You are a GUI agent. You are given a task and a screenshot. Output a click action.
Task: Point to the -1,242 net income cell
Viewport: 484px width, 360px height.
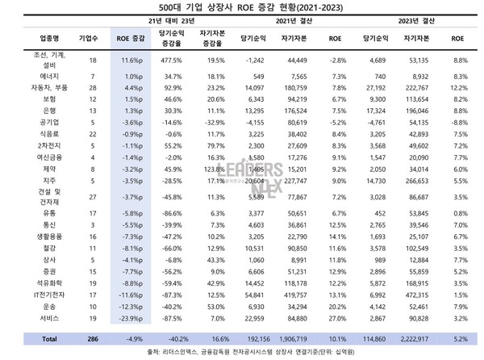(254, 60)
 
